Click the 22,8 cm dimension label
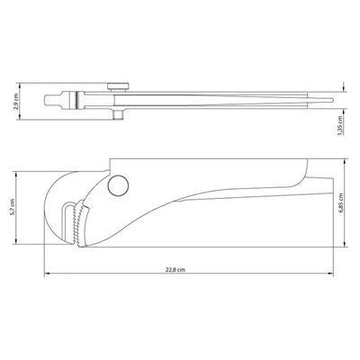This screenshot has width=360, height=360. [175, 270]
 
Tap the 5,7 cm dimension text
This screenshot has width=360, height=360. [12, 207]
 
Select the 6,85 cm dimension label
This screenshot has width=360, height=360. [340, 202]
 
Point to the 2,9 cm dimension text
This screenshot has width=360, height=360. [16, 101]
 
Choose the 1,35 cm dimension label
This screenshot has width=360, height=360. [340, 125]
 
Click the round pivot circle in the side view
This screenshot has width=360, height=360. [119, 185]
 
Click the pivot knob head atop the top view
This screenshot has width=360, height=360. [119, 86]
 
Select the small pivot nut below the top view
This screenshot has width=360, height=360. [119, 114]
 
